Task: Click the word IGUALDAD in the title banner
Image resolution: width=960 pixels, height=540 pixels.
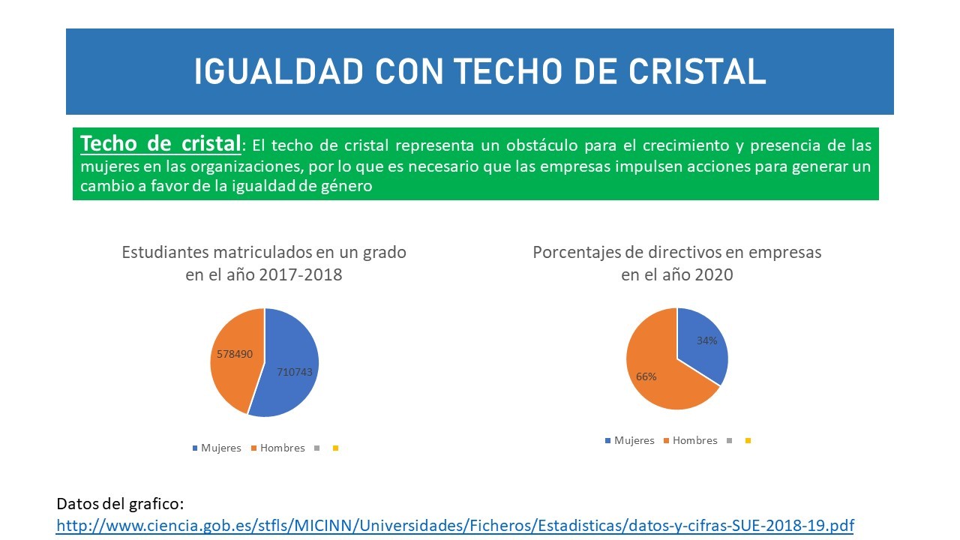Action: click(279, 71)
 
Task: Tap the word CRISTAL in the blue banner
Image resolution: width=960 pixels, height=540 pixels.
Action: click(697, 71)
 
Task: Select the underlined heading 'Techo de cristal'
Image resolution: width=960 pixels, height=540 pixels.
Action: click(160, 143)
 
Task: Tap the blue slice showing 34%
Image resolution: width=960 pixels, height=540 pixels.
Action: click(703, 343)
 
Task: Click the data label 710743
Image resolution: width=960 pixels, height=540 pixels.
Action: click(295, 372)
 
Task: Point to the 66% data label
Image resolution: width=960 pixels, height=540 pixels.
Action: click(646, 376)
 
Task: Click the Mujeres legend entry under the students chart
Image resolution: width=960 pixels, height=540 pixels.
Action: click(217, 448)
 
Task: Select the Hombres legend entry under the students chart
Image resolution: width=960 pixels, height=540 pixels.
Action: click(278, 448)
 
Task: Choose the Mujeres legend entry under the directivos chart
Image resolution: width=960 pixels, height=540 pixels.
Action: click(629, 440)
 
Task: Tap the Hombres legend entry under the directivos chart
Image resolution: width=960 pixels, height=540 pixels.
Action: click(691, 440)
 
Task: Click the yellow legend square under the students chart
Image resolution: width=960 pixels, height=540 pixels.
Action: click(335, 448)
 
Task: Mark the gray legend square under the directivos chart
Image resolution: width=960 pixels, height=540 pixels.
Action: click(730, 440)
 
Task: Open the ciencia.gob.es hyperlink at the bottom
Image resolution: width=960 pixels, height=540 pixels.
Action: click(455, 526)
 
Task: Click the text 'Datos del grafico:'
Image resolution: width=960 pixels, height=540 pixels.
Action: click(120, 504)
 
